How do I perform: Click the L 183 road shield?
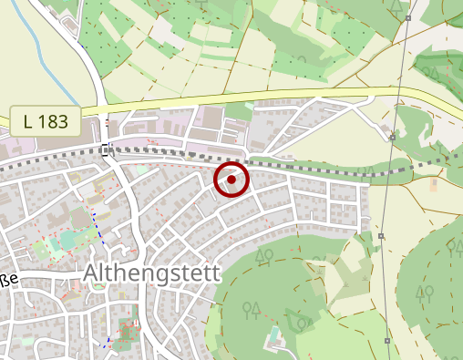[x=46, y=120]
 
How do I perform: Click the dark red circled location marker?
[x=231, y=180]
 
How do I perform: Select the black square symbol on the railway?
[x=108, y=149]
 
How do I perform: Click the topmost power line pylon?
[x=410, y=18]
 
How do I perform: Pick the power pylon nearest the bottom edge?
[x=387, y=341]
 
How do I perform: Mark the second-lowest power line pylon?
[x=382, y=236]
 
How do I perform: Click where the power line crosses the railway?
[x=389, y=166]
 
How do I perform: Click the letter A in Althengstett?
[x=90, y=273]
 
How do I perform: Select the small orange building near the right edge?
[x=433, y=184]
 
